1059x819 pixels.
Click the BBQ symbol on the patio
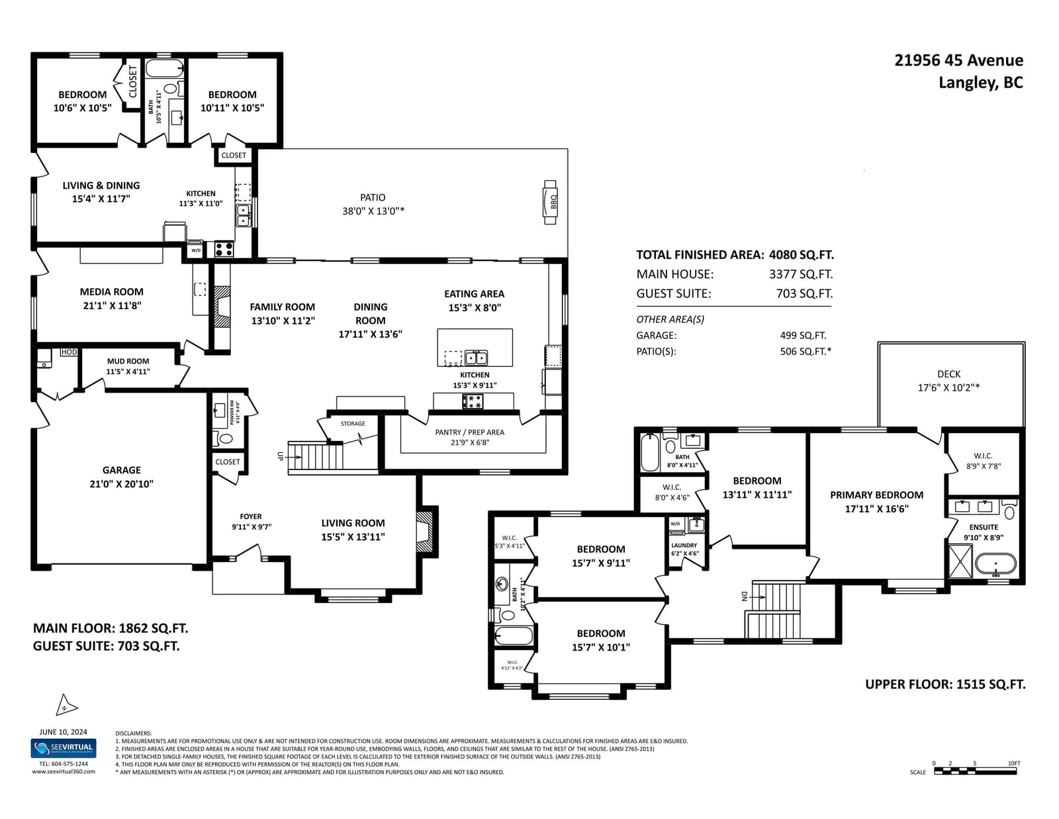point(550,201)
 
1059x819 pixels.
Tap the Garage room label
point(121,470)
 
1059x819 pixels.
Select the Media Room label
point(111,292)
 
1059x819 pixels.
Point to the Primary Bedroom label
point(876,495)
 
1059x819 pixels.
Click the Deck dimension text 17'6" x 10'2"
point(948,388)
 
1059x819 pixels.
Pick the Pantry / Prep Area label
point(469,432)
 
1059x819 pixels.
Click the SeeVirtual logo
point(64,749)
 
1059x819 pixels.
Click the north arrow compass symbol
point(66,706)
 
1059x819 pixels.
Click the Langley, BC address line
point(980,83)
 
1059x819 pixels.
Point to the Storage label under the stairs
point(353,424)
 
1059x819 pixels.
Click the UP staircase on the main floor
point(316,457)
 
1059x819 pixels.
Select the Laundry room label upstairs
point(684,546)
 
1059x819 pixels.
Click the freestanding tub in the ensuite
point(995,565)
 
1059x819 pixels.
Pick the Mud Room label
point(128,361)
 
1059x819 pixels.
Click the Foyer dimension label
point(252,527)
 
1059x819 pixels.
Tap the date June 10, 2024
point(64,732)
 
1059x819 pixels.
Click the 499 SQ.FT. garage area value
point(803,336)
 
